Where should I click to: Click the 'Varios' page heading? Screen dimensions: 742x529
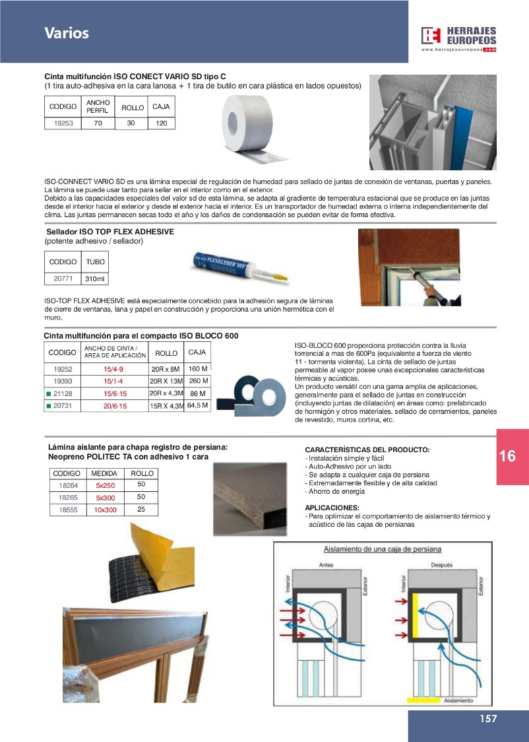coord(67,33)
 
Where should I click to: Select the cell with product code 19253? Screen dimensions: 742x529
coord(63,123)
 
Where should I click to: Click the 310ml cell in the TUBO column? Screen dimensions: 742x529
coord(95,279)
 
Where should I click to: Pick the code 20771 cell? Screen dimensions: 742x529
coord(63,279)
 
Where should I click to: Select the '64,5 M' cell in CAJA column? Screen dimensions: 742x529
coord(197,405)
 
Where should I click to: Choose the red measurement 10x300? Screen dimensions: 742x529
coord(105,510)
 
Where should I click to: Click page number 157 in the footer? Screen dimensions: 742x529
coord(487,719)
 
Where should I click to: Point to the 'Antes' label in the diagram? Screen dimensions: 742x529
coord(326,565)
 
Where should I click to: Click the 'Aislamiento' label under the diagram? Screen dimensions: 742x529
coord(458,700)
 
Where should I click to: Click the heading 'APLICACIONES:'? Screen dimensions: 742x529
coord(332,508)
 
